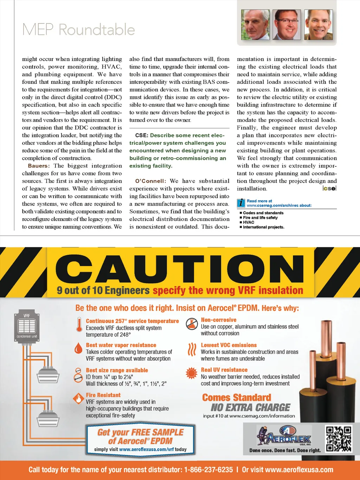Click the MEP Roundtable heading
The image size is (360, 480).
[78, 30]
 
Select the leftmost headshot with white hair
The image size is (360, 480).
[255, 25]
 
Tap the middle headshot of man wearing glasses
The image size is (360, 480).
[287, 25]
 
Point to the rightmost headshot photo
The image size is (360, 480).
[318, 25]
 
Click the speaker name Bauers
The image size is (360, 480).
[39, 166]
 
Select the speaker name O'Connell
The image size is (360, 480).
[150, 181]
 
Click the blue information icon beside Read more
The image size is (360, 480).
[241, 203]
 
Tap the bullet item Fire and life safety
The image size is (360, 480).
[260, 217]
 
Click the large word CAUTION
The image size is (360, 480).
[180, 270]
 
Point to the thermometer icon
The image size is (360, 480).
[79, 324]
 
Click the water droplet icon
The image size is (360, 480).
[78, 348]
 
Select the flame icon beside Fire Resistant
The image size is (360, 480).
[78, 398]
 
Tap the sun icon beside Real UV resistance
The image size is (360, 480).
[192, 373]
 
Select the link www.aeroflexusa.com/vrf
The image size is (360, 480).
[146, 449]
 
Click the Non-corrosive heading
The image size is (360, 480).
[218, 320]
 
